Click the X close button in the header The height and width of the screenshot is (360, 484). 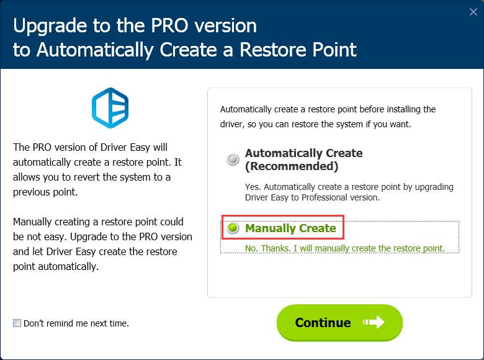pyautogui.click(x=473, y=12)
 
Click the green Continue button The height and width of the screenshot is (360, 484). pyautogui.click(x=339, y=323)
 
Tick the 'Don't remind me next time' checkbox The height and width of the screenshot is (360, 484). pyautogui.click(x=17, y=323)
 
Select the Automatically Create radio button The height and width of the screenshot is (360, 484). pyautogui.click(x=233, y=159)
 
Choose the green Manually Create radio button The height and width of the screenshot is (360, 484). pyautogui.click(x=233, y=228)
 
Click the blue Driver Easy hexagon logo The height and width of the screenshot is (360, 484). pyautogui.click(x=110, y=108)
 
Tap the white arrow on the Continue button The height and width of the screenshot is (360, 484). pyautogui.click(x=374, y=322)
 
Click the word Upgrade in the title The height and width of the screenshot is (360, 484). pyautogui.click(x=50, y=25)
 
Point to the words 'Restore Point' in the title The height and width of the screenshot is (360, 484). pyautogui.click(x=298, y=50)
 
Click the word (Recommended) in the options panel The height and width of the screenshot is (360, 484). pyautogui.click(x=292, y=166)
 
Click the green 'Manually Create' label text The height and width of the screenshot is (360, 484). pyautogui.click(x=290, y=228)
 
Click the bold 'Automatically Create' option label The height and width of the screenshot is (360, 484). pyautogui.click(x=303, y=153)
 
